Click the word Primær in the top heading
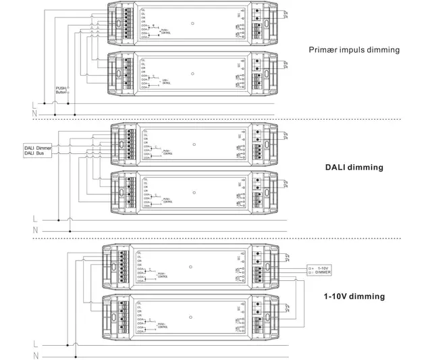coord(323,50)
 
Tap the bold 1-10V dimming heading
coord(354,296)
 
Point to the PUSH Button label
coord(62,89)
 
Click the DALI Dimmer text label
coord(38,148)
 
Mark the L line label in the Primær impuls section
coord(35,104)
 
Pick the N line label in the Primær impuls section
coord(35,114)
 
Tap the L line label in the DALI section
coord(35,219)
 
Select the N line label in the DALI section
coord(35,230)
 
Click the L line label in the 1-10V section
coord(35,344)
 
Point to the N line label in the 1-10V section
coord(35,355)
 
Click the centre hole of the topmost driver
coord(193,24)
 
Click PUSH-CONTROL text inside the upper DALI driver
coord(167,153)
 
